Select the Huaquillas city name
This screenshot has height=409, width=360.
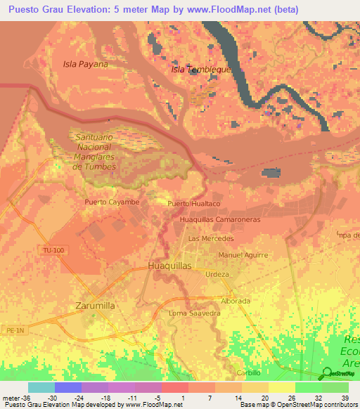[170, 266]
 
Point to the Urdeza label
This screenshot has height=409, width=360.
[217, 274]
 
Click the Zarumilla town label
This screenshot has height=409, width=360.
[94, 306]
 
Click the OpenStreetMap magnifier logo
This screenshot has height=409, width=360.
[327, 374]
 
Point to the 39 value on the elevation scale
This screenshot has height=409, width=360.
[344, 398]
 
